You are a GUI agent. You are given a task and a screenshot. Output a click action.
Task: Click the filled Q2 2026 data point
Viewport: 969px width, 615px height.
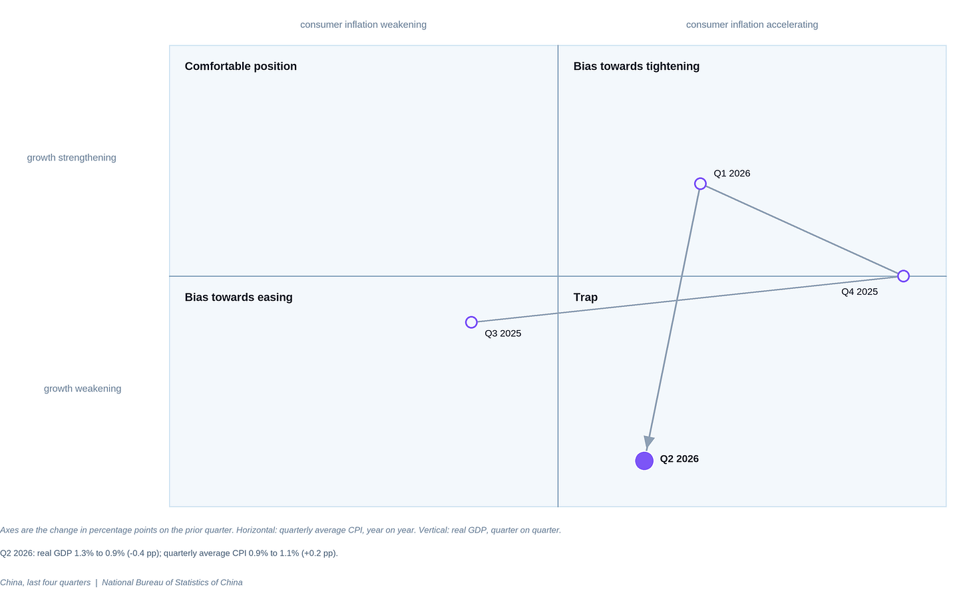pyautogui.click(x=644, y=461)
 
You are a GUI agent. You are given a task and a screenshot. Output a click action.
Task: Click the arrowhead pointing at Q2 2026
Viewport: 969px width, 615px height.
pyautogui.click(x=648, y=443)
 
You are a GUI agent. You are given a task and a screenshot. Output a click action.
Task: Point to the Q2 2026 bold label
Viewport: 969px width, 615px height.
pyautogui.click(x=679, y=459)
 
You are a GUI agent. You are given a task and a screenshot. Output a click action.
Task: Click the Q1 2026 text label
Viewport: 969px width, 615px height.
pyautogui.click(x=732, y=174)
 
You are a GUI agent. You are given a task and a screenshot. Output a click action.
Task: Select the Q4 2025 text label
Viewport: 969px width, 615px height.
pyautogui.click(x=860, y=292)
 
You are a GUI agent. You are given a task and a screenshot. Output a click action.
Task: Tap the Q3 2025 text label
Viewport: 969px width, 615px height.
pyautogui.click(x=502, y=333)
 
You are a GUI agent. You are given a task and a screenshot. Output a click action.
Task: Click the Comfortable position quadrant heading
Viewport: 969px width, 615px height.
pyautogui.click(x=240, y=66)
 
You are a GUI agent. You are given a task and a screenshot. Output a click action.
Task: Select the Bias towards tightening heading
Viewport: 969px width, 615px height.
pyautogui.click(x=636, y=66)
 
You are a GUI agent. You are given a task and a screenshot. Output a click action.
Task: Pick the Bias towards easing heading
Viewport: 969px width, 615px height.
pyautogui.click(x=238, y=297)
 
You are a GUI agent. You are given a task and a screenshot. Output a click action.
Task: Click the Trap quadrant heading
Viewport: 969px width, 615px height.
pyautogui.click(x=585, y=297)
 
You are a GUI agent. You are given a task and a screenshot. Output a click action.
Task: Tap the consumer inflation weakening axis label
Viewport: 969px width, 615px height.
pyautogui.click(x=363, y=25)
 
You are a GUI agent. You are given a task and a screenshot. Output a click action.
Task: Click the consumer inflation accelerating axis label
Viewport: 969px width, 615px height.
pyautogui.click(x=752, y=25)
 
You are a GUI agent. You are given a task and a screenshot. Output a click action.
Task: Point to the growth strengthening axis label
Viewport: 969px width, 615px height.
pyautogui.click(x=71, y=158)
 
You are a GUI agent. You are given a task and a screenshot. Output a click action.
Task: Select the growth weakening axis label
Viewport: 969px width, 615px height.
pyautogui.click(x=83, y=389)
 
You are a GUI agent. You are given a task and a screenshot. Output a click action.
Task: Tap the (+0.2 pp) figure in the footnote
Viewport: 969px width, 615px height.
pyautogui.click(x=321, y=553)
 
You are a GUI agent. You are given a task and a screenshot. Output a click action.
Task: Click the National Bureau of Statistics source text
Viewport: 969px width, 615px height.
pyautogui.click(x=172, y=582)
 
